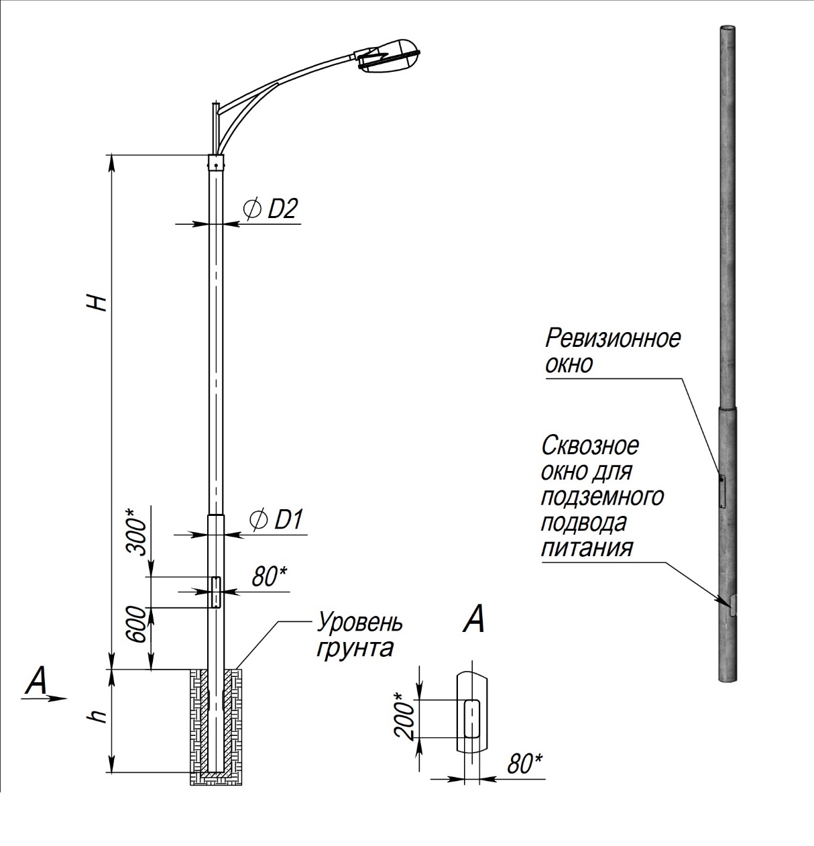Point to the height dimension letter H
pos(97,302)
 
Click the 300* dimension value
pos(136,533)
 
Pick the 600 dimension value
pos(136,625)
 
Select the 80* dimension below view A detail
pos(524,764)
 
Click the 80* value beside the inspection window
pos(270,576)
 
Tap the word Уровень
pos(360,622)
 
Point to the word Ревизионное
pos(612,337)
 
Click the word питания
pos(587,547)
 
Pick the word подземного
pos(602,496)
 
